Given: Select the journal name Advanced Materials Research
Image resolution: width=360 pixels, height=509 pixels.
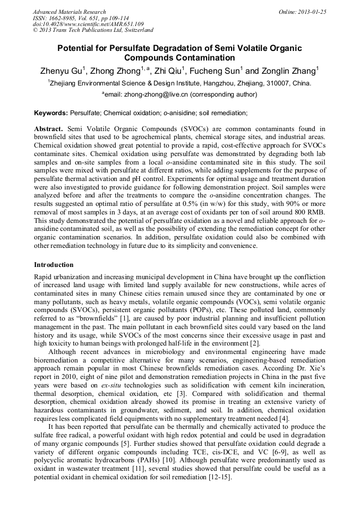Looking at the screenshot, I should point(69,12).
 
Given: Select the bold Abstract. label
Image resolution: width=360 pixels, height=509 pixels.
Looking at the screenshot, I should point(49,129).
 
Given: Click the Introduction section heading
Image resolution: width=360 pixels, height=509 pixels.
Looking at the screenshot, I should point(54,264).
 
